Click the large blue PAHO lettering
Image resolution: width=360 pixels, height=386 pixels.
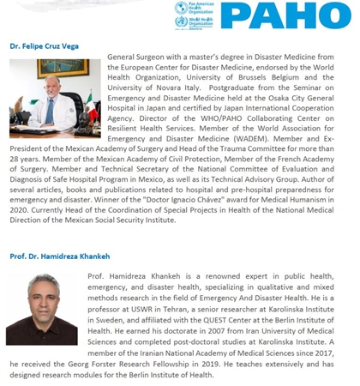point(299,15)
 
